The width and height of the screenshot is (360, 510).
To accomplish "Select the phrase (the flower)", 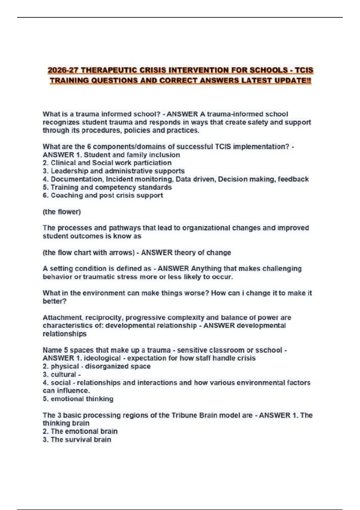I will coord(62,212).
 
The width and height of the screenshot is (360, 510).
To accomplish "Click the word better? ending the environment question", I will coord(54,301).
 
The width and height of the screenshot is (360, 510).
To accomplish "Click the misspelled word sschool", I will coord(267,350).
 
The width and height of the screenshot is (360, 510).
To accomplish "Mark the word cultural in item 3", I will coord(63,374).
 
